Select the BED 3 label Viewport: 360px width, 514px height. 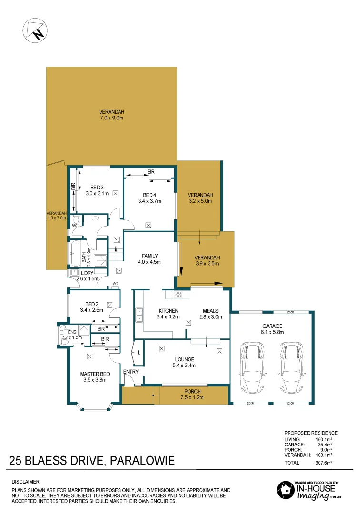tap(97, 190)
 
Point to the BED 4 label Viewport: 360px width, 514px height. tap(149, 198)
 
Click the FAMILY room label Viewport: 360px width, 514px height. tap(150, 258)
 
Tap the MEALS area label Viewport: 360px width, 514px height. tap(210, 314)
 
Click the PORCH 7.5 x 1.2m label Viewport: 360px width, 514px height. tap(192, 395)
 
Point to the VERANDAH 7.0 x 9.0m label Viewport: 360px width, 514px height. tap(112, 115)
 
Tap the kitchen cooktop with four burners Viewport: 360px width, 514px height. tap(179, 295)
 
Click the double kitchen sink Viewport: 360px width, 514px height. tap(140, 315)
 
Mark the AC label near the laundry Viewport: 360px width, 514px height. tap(115, 284)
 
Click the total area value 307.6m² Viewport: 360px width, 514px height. tap(324, 462)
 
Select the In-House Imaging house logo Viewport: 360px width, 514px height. tap(284, 490)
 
